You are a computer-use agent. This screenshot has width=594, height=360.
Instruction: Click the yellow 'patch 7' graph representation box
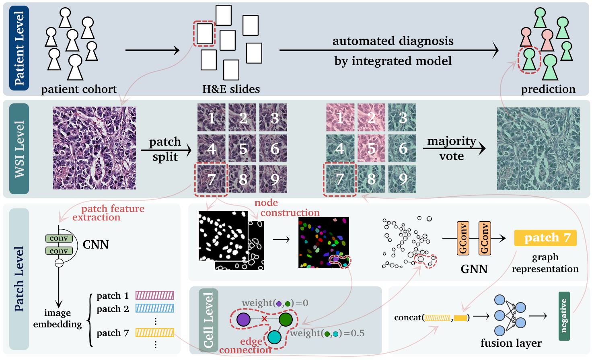[x=545, y=238]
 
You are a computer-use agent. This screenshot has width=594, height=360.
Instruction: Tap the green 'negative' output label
[x=564, y=316]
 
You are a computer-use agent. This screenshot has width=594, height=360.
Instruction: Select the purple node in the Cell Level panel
[x=243, y=319]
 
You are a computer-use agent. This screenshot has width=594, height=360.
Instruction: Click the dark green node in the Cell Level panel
[x=286, y=319]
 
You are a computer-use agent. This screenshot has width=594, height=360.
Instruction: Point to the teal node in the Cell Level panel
[x=274, y=337]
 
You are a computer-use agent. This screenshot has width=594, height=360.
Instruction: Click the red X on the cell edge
[x=264, y=319]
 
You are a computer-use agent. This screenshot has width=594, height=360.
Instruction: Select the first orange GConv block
[x=463, y=238]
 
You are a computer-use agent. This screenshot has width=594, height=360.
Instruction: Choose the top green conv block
[x=59, y=239]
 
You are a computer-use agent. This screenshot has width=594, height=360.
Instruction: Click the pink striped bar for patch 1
[x=155, y=296]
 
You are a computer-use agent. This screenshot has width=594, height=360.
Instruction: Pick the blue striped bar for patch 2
[x=155, y=309]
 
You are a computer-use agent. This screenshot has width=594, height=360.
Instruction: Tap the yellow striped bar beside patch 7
[x=155, y=333]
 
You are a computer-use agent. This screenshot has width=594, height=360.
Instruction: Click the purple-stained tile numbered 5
[x=243, y=148]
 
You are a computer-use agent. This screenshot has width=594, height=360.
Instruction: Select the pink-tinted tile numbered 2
[x=371, y=117]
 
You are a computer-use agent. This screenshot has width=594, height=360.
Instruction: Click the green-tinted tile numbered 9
[x=403, y=179]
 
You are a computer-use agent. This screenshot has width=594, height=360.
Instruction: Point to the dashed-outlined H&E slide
[x=204, y=34]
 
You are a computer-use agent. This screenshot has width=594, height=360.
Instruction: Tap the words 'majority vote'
[x=451, y=148]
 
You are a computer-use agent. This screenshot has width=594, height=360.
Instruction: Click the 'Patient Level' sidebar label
[x=19, y=48]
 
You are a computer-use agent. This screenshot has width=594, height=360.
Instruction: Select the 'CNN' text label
[x=96, y=245]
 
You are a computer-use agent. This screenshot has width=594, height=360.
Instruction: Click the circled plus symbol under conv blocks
[x=59, y=263]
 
